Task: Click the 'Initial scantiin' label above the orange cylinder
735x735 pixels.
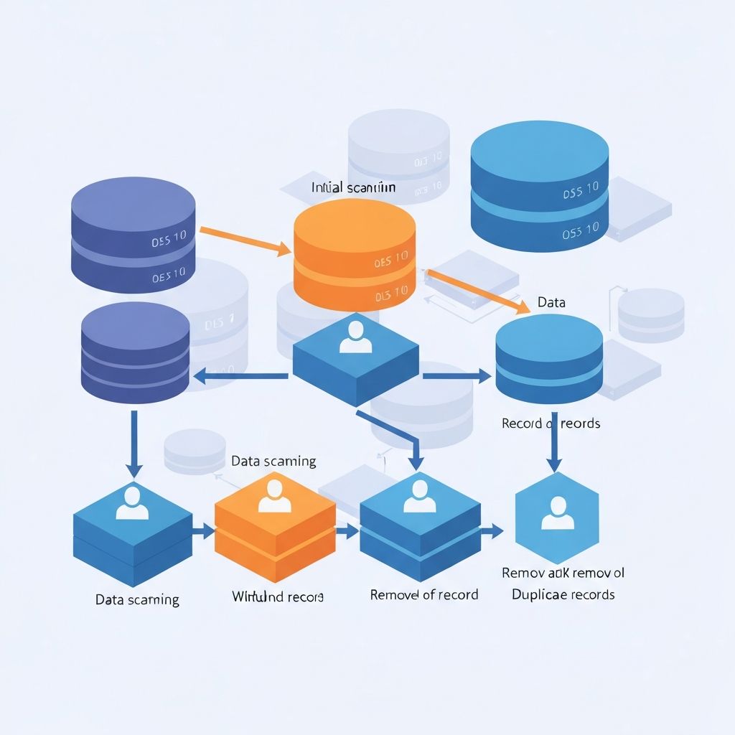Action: tap(353, 187)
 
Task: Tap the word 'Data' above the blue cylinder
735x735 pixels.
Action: tap(551, 302)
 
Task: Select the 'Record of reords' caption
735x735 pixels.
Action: tap(551, 423)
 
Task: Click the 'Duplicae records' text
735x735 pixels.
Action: tap(563, 594)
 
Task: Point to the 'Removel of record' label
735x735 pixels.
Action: tap(423, 594)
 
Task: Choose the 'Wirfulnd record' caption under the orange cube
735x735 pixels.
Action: tap(277, 596)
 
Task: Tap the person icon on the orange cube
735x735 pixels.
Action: tap(274, 495)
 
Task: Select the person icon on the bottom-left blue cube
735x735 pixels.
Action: tap(131, 502)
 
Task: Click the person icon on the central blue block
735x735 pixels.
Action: tap(355, 337)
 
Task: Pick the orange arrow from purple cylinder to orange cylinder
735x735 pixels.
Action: tap(244, 240)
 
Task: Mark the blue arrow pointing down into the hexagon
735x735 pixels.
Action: tap(553, 441)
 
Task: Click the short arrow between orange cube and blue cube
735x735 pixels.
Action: tap(347, 531)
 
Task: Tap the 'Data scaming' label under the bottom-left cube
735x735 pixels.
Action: tap(137, 599)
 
